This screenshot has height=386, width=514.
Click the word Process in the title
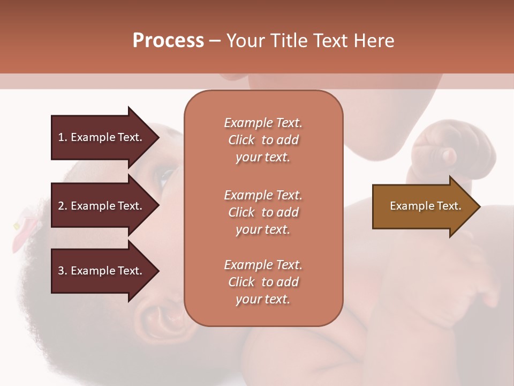(168, 41)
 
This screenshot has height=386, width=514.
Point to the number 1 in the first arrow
(61, 137)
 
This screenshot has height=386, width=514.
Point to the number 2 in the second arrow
(61, 206)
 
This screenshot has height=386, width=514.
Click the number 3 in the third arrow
(61, 271)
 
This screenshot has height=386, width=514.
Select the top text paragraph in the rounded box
(263, 140)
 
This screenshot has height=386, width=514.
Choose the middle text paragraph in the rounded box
(263, 212)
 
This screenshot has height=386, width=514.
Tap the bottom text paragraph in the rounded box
(263, 282)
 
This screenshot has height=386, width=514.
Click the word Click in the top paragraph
(241, 140)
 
